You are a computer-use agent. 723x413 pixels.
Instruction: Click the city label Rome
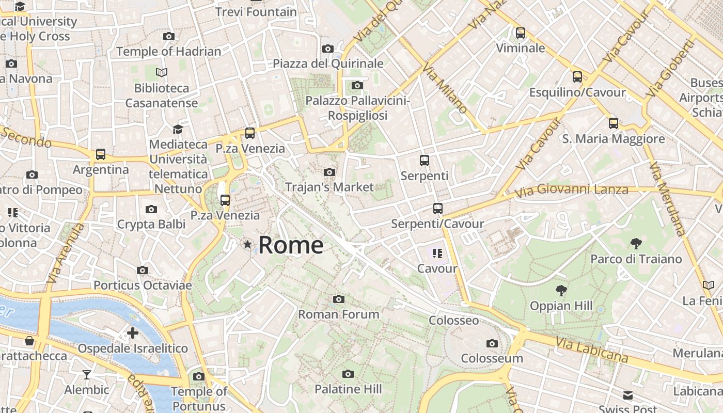click(x=291, y=245)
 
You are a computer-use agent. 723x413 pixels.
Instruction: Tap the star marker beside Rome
click(x=248, y=245)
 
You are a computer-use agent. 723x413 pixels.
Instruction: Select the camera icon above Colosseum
click(x=492, y=343)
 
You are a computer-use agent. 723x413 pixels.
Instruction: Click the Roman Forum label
click(x=339, y=314)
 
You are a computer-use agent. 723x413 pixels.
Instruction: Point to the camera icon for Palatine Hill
click(x=348, y=374)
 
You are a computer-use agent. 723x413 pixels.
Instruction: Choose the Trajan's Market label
click(x=329, y=187)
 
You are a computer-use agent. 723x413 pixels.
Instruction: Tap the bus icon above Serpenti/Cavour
click(x=437, y=209)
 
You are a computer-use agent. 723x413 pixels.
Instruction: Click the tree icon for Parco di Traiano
click(x=636, y=244)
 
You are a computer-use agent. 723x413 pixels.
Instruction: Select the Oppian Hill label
click(x=561, y=306)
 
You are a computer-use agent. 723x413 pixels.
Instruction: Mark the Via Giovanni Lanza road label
click(x=572, y=190)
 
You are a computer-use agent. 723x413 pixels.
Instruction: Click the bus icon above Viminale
click(x=521, y=33)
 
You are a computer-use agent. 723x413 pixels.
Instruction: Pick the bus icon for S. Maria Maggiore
click(x=614, y=123)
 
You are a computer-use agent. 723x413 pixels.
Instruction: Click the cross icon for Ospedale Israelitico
click(x=133, y=333)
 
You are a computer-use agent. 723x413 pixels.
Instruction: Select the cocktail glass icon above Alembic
click(x=87, y=374)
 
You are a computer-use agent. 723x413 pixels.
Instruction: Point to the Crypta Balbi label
click(x=151, y=224)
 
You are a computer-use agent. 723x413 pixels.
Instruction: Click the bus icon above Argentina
click(x=101, y=154)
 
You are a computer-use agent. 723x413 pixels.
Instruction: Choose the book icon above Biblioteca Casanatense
click(x=162, y=73)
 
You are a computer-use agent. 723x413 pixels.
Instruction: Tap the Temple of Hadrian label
click(x=168, y=51)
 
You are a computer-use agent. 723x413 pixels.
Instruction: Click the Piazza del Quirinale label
click(x=328, y=63)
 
